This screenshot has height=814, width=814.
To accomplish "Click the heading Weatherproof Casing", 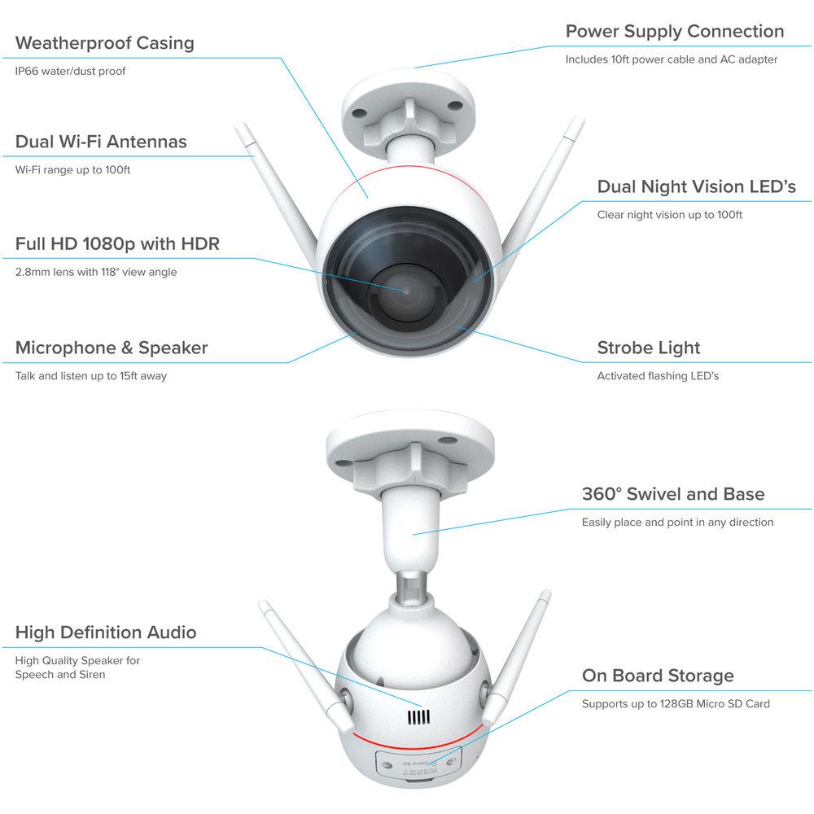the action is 105,43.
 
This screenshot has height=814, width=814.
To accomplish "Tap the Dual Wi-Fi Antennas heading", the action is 101,142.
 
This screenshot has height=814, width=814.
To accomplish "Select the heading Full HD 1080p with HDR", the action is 117,244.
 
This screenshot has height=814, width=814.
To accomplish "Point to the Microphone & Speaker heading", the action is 112,348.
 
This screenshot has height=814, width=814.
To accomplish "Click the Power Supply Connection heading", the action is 675,32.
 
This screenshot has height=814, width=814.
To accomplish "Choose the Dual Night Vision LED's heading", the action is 696,187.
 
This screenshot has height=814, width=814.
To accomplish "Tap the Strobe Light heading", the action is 649,348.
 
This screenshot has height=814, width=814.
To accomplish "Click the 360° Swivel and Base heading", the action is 673,494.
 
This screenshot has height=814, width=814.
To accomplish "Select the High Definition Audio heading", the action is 106,632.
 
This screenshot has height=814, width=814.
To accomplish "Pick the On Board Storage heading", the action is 658,676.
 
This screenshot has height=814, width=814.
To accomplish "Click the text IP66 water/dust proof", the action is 70,71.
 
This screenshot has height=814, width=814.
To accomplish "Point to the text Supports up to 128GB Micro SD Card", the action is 676,704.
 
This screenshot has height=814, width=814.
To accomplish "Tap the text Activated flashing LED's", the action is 658,376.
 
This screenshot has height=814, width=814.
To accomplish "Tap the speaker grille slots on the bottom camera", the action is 418,717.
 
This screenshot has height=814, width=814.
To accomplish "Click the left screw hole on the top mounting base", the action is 359,112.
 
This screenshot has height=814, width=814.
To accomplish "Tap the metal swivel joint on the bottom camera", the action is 412,587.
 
